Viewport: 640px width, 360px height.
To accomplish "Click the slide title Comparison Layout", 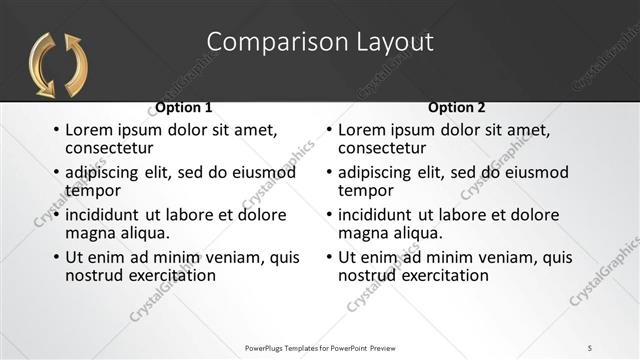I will pyautogui.click(x=320, y=42).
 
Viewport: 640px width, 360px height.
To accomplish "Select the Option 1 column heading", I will pyautogui.click(x=183, y=107).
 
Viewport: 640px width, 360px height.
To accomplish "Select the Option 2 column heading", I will pyautogui.click(x=456, y=107).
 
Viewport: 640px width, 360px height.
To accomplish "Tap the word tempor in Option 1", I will pyautogui.click(x=93, y=190).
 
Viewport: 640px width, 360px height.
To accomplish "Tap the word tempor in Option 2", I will pyautogui.click(x=366, y=190).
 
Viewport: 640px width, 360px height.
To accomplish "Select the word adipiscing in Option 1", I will pyautogui.click(x=106, y=173).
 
